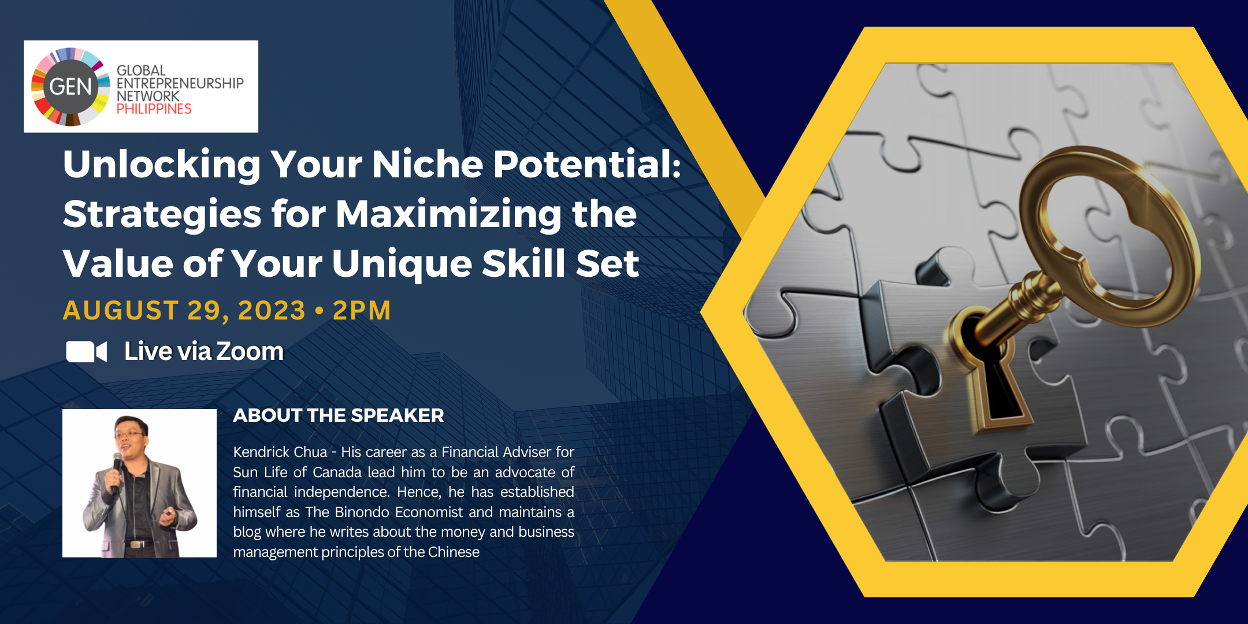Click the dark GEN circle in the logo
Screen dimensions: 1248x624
(70, 87)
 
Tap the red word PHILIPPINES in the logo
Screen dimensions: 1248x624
(154, 109)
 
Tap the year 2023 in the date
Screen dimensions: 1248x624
(272, 311)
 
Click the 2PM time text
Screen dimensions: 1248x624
(362, 311)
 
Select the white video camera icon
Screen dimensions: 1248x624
(87, 351)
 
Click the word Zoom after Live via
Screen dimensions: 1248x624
(250, 351)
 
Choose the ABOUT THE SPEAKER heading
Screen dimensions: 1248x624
(339, 415)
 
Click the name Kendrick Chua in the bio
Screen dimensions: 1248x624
(280, 452)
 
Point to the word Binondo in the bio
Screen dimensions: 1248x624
(362, 512)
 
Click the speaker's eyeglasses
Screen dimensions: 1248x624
(129, 433)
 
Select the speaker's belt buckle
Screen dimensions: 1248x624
(136, 544)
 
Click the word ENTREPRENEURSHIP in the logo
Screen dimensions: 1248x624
(180, 83)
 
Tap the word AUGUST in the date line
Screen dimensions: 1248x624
(121, 311)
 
